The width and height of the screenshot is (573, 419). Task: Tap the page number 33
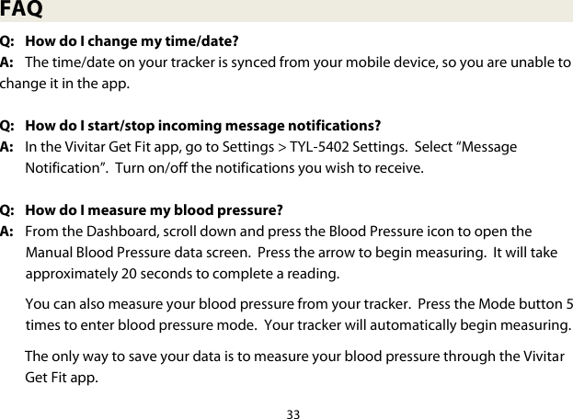293,413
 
